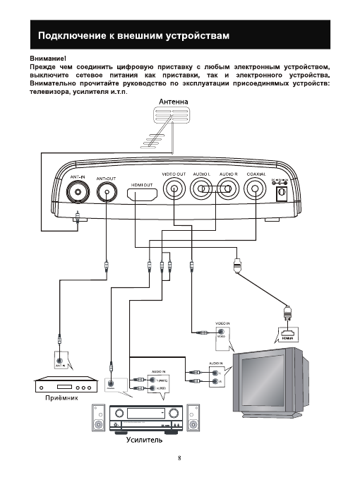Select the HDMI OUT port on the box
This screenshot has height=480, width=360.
point(143,193)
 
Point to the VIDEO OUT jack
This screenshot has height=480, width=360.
point(174,189)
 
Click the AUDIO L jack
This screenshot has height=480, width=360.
point(203,189)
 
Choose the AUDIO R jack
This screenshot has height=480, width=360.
point(227,189)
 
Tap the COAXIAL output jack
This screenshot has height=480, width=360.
point(256,189)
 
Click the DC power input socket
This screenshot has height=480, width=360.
point(283,190)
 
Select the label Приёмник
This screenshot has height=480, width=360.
point(58,398)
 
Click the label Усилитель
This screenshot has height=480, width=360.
point(144,440)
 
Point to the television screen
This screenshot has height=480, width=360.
point(268,381)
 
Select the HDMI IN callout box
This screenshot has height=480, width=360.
point(287,334)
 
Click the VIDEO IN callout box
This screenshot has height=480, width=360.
point(222,334)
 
